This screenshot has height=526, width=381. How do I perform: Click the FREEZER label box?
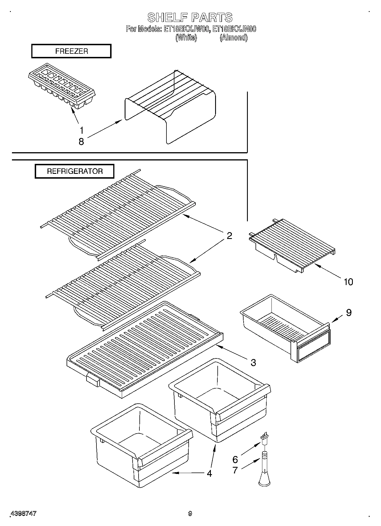pos(71,51)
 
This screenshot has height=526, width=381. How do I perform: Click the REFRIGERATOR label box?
pos(75,171)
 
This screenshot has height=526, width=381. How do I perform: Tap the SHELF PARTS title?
pos(190,18)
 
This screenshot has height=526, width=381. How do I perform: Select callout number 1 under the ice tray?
pos(82,131)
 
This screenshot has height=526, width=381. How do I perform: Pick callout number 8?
pos(81,141)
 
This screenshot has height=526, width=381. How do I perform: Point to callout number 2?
pos(229,236)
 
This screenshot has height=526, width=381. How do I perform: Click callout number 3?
pos(253,362)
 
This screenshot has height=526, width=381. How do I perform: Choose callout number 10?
pos(348,282)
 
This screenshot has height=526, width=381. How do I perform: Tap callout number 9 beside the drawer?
pos(349,313)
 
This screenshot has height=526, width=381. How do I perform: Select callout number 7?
pos(235,470)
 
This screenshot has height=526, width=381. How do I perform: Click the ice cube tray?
pos(62,85)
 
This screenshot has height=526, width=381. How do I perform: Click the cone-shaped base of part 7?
pos(264,480)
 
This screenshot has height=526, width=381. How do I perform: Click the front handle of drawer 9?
pos(313,346)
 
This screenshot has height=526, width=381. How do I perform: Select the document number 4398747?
pos(23,513)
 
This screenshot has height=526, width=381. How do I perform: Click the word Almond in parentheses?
pos(233,38)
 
